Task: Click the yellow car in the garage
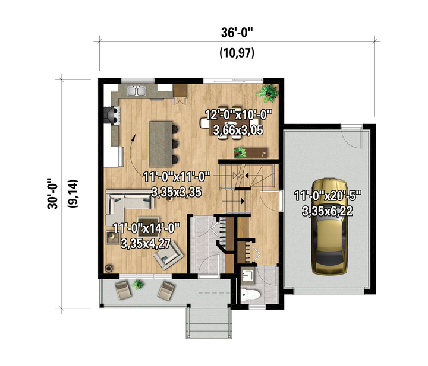[x=330, y=226]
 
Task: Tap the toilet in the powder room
[x=250, y=295]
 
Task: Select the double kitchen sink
[x=137, y=91]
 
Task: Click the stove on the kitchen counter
[x=112, y=115]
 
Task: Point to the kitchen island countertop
[x=160, y=144]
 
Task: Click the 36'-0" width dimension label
[x=237, y=33]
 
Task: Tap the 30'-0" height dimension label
[x=53, y=193]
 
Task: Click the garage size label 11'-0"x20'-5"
[x=328, y=196]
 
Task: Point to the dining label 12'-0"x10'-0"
[x=239, y=114]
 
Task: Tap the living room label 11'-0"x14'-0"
[x=146, y=228]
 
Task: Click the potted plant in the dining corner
[x=267, y=93]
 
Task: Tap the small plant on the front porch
[x=138, y=284]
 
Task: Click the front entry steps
[x=209, y=323]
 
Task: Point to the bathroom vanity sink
[x=248, y=275]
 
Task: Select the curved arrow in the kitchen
[x=130, y=155]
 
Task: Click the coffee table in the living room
[x=149, y=227]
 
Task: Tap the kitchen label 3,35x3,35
[x=177, y=192]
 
